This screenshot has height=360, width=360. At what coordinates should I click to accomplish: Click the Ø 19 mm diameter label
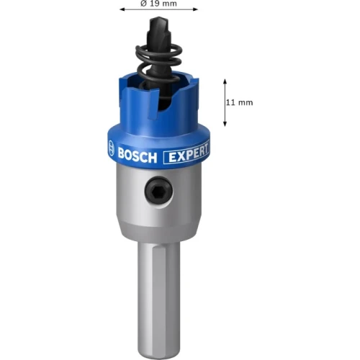[158, 4]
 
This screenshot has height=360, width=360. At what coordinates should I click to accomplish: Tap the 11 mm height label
[239, 102]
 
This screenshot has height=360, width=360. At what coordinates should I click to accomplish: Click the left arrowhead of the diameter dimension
[122, 9]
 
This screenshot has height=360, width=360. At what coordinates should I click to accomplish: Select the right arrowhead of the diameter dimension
[195, 9]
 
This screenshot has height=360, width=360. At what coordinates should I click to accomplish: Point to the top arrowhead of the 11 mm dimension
[225, 81]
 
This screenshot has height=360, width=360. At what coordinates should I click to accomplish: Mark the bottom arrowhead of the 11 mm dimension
[225, 124]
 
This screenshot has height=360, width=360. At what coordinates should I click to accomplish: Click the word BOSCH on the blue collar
[138, 155]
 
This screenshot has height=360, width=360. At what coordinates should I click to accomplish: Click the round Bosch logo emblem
[111, 148]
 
